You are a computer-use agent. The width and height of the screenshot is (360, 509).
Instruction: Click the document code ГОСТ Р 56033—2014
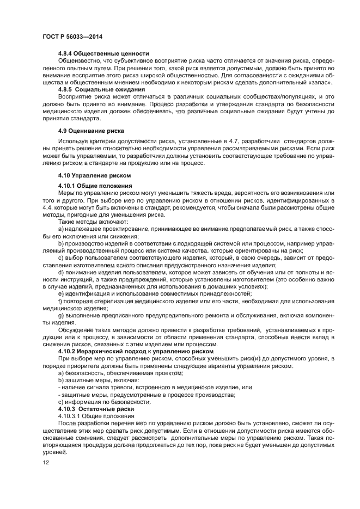(x=72, y=36)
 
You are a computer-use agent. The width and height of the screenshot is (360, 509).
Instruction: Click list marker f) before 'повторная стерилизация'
(x=60, y=301)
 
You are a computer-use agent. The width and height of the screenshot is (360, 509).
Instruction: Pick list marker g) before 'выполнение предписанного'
(x=60, y=315)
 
